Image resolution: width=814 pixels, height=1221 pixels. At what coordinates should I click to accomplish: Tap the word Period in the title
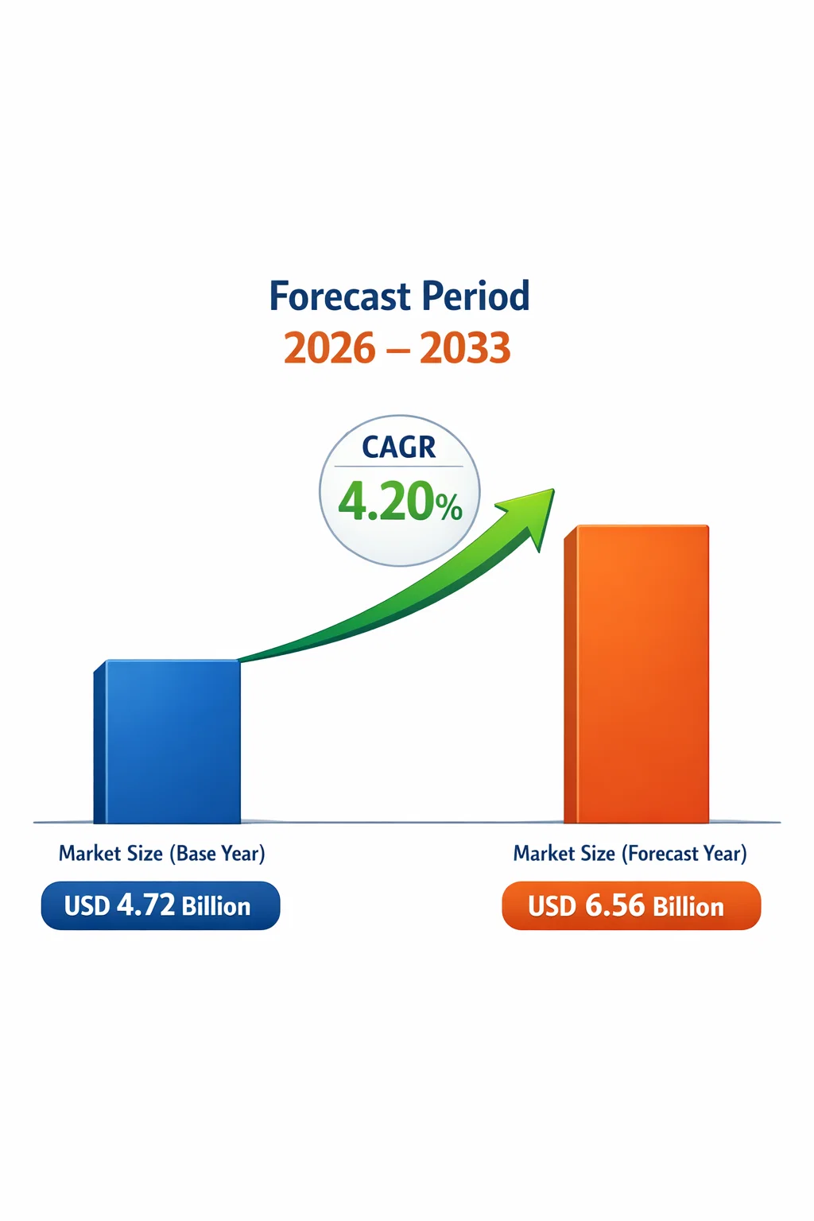click(x=475, y=296)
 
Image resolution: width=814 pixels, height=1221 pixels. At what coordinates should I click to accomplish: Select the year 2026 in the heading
click(x=330, y=347)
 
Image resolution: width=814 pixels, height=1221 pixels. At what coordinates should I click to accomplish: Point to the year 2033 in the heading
click(x=465, y=347)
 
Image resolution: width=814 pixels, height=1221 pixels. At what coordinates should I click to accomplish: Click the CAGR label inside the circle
click(x=399, y=447)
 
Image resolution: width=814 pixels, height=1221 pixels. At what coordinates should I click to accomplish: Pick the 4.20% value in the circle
click(x=400, y=500)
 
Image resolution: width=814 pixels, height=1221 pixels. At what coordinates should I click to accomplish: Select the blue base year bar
click(x=167, y=742)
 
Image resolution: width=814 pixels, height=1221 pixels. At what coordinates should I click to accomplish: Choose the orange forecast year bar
click(x=636, y=674)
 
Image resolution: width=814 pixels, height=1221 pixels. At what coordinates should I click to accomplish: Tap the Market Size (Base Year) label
click(x=162, y=853)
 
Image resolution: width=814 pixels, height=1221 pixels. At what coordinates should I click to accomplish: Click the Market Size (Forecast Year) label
click(x=630, y=853)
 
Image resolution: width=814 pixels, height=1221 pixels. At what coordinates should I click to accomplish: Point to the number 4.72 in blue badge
click(x=146, y=905)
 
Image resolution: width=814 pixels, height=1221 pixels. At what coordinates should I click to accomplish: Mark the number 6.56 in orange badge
click(x=615, y=905)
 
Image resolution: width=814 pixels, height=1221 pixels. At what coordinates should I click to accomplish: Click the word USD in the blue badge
click(x=87, y=906)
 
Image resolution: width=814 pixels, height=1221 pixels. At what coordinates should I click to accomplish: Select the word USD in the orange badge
click(x=552, y=906)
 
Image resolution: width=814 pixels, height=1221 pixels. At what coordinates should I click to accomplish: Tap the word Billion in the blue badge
click(x=216, y=906)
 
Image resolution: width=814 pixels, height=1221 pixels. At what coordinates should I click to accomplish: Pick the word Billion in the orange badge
click(x=688, y=906)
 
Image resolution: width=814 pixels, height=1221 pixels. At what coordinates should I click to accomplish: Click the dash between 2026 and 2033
click(x=397, y=350)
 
